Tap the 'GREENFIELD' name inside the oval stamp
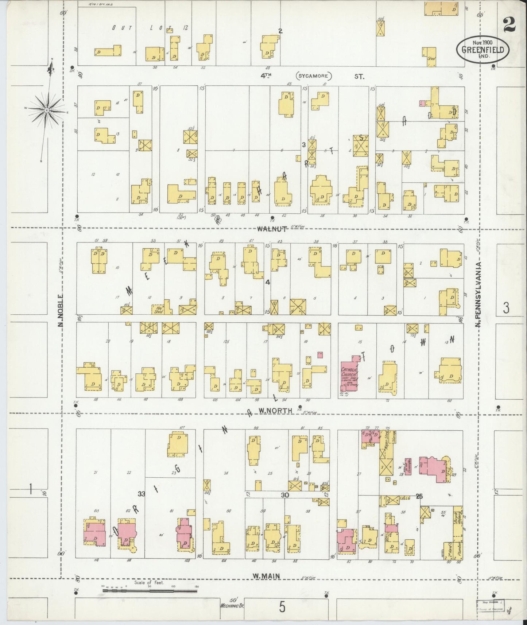click(x=483, y=50)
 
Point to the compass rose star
click(x=47, y=110)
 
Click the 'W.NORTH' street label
click(x=275, y=411)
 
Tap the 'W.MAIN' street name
click(x=266, y=576)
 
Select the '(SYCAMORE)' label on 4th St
click(x=313, y=77)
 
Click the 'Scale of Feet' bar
click(x=150, y=590)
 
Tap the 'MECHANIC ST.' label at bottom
click(x=232, y=606)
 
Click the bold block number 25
click(x=419, y=496)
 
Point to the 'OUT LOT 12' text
click(x=150, y=28)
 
